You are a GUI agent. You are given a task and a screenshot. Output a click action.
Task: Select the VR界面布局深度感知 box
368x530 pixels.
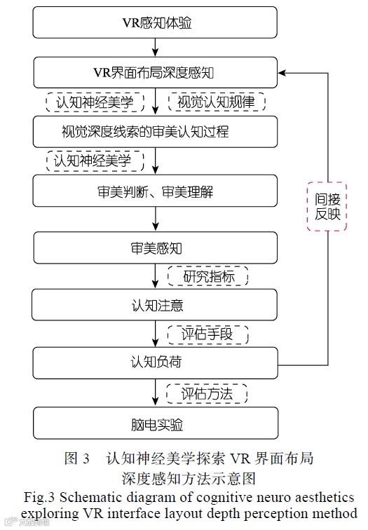(156, 72)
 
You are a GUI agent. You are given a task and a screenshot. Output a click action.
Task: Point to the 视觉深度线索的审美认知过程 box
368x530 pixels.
(156, 130)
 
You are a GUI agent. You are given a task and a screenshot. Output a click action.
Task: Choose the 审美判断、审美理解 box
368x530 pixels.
(156, 190)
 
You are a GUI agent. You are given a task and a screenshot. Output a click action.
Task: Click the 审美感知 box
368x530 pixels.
(156, 249)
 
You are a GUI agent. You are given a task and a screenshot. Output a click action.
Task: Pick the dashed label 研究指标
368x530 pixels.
(208, 276)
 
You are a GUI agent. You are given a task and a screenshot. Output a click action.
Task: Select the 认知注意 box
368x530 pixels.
(156, 306)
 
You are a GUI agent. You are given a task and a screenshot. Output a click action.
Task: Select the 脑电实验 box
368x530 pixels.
(156, 425)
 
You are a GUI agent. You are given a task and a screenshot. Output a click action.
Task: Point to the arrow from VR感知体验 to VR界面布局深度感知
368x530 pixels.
(156, 48)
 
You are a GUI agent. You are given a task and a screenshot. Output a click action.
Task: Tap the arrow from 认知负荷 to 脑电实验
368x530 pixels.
(156, 395)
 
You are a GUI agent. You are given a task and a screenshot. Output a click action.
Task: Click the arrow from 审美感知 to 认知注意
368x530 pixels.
(156, 277)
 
